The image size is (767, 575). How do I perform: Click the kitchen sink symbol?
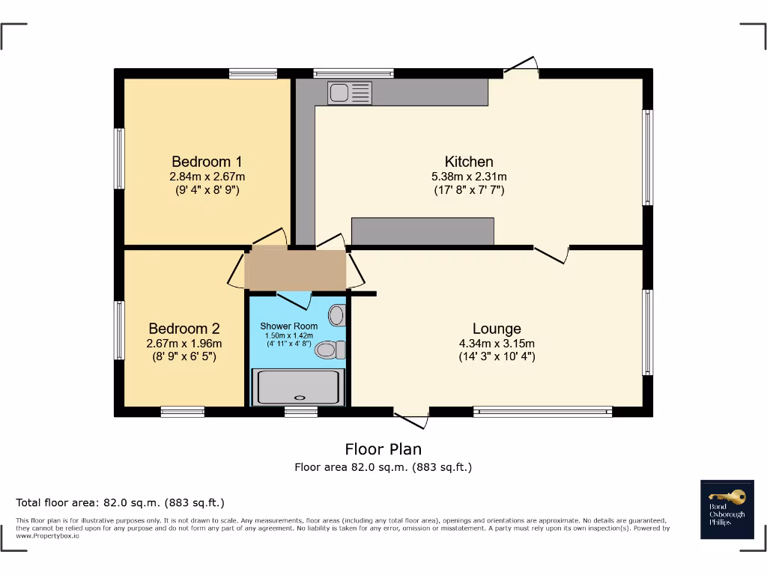pyautogui.click(x=349, y=93)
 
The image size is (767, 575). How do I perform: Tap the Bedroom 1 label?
pyautogui.click(x=207, y=162)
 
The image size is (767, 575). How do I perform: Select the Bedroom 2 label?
pyautogui.click(x=184, y=329)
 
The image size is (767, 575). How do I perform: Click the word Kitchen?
pyautogui.click(x=469, y=162)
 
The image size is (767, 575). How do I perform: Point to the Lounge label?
pyautogui.click(x=497, y=329)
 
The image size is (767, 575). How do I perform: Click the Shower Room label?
pyautogui.click(x=288, y=326)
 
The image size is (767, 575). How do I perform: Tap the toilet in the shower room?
pyautogui.click(x=330, y=349)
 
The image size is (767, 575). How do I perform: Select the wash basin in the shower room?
pyautogui.click(x=336, y=315)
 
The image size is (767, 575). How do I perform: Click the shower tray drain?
pyautogui.click(x=300, y=398)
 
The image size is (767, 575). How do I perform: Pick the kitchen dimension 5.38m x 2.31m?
pyautogui.click(x=469, y=177)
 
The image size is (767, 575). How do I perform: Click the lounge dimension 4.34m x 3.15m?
pyautogui.click(x=497, y=344)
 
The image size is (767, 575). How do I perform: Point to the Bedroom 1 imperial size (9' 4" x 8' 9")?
pyautogui.click(x=207, y=190)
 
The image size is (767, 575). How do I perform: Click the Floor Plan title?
pyautogui.click(x=383, y=449)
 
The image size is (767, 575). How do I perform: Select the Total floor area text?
pyautogui.click(x=121, y=502)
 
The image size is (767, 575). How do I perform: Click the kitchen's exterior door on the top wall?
pyautogui.click(x=521, y=67)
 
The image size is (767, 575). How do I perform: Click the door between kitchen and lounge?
pyautogui.click(x=551, y=254)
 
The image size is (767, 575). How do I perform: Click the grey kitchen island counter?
pyautogui.click(x=422, y=231)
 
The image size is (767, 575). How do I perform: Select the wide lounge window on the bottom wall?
pyautogui.click(x=543, y=411)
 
